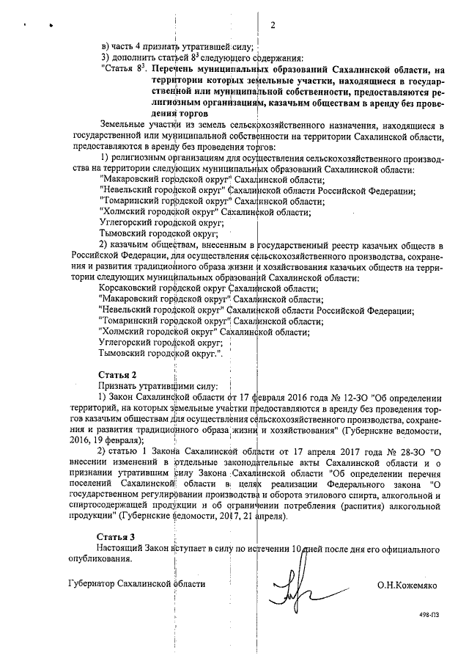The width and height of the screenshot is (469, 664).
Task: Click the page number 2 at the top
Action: tap(272, 27)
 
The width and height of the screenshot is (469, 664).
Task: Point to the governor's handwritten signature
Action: tap(294, 587)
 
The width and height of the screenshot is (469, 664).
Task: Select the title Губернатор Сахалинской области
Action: tap(135, 583)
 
